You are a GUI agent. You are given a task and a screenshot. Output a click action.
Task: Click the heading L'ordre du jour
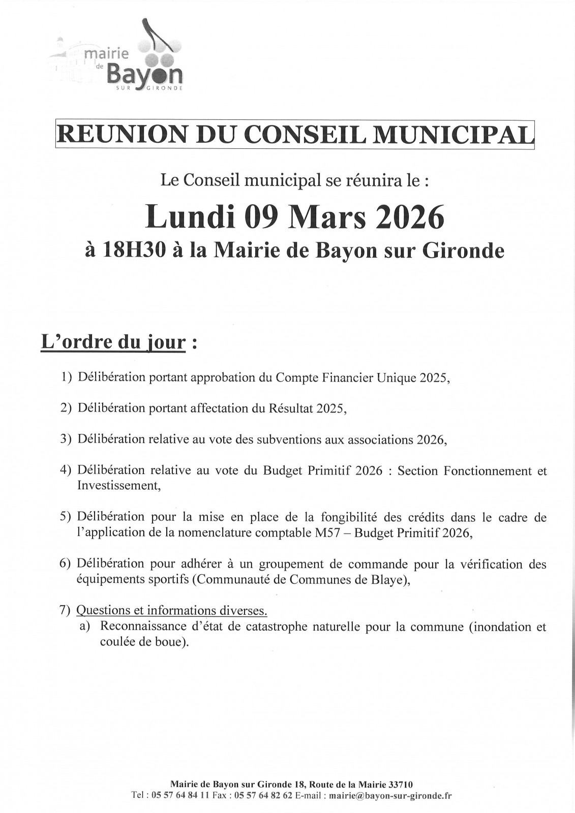coord(113,342)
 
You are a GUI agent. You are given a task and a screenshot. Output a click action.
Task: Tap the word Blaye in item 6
coord(385,580)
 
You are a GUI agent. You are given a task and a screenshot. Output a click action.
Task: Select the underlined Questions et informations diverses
coord(172,610)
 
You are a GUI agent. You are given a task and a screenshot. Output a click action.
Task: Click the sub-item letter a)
coord(85,627)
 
